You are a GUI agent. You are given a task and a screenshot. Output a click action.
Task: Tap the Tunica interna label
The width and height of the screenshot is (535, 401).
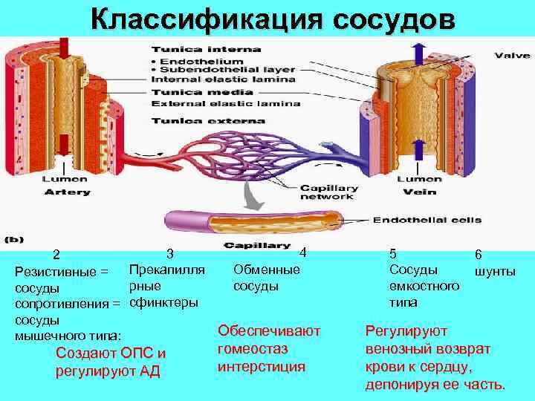(205, 50)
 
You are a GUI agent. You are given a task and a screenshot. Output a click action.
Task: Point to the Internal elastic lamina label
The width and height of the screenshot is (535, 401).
(223, 79)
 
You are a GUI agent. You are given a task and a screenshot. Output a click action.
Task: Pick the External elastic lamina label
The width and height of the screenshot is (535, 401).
(225, 104)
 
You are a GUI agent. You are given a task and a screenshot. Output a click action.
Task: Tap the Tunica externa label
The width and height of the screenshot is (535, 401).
(207, 120)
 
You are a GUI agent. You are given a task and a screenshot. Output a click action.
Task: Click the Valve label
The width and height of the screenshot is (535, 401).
(512, 55)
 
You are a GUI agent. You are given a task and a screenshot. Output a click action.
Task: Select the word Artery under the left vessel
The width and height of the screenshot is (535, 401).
(68, 192)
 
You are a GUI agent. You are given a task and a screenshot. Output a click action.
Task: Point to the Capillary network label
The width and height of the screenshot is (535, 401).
(328, 192)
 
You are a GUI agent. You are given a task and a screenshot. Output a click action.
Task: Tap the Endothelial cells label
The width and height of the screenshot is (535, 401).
(427, 220)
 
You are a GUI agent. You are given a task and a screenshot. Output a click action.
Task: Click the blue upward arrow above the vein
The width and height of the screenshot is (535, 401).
(418, 55)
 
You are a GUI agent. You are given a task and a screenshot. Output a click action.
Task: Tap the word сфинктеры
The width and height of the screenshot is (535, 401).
(163, 302)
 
